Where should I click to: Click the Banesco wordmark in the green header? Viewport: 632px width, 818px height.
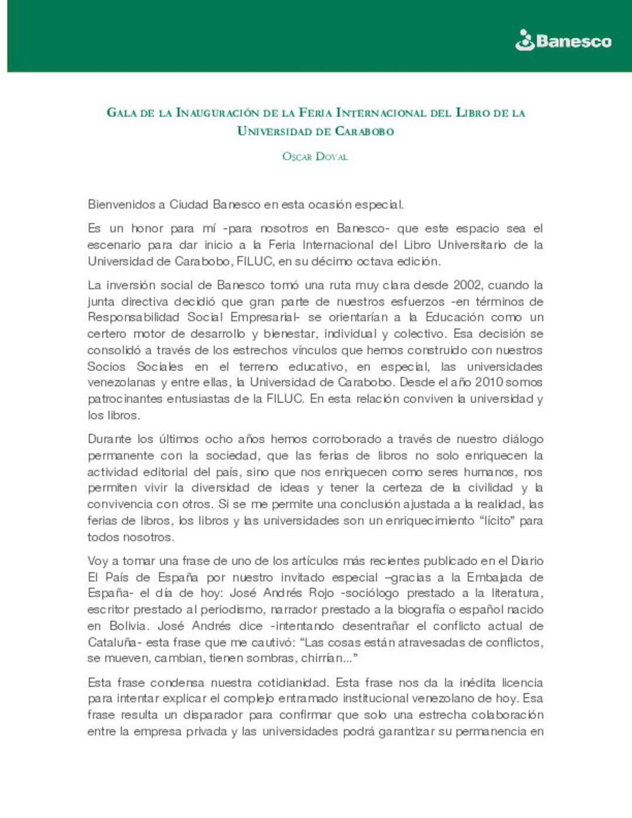tap(573, 41)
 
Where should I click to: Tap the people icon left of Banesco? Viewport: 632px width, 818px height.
tap(524, 40)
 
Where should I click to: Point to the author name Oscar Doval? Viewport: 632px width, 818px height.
tap(315, 156)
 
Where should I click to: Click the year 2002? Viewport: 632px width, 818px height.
tap(467, 285)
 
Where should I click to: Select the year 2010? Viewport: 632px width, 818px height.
tap(489, 382)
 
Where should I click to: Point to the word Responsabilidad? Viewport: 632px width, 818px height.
tap(133, 317)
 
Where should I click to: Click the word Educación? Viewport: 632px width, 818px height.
tap(454, 317)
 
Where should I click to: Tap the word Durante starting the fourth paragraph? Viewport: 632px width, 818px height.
tap(109, 439)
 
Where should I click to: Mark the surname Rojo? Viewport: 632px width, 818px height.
tap(321, 593)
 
